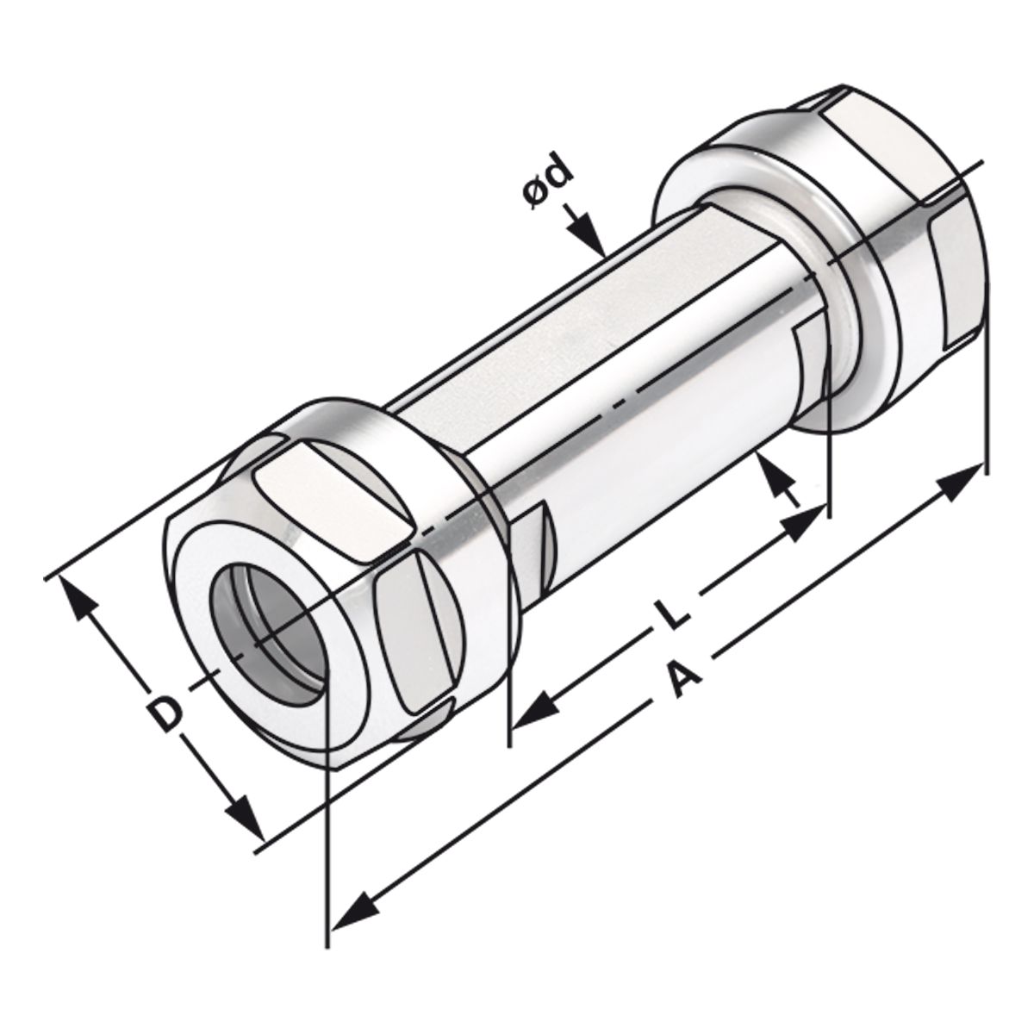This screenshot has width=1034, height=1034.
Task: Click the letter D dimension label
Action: tap(165, 714)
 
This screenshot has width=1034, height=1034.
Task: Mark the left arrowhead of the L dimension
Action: tap(533, 711)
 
